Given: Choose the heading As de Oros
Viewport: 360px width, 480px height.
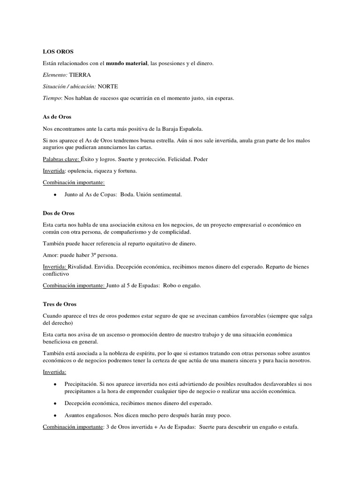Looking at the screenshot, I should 57,117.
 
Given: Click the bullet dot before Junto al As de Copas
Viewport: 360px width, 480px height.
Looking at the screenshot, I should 56,194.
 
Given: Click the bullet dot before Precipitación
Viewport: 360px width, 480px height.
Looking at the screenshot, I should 56,384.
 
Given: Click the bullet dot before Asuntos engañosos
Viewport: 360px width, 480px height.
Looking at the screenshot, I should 56,415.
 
